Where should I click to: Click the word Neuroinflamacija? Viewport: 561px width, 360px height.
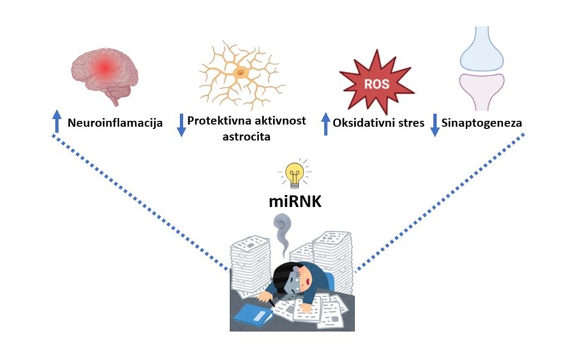(x=116, y=124)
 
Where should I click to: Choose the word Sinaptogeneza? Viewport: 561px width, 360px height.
(x=483, y=124)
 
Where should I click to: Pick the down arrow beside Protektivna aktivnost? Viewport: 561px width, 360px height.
(x=181, y=125)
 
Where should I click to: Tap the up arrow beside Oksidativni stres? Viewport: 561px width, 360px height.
(x=325, y=124)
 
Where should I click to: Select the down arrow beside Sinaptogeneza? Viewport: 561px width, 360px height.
(x=434, y=125)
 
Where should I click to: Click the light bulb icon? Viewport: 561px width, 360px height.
(x=294, y=172)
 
